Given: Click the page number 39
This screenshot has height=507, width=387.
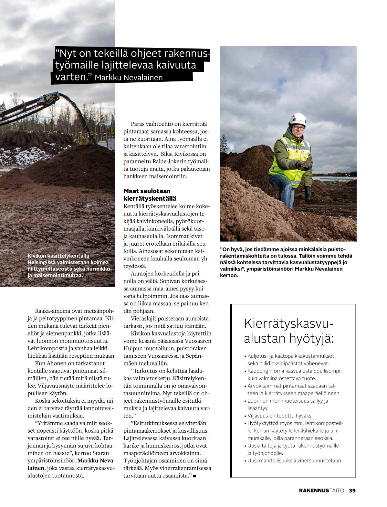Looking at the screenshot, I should point(352,490).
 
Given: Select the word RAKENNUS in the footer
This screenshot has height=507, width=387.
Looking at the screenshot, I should point(314,490).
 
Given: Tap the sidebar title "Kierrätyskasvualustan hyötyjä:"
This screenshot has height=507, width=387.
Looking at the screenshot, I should point(289,331).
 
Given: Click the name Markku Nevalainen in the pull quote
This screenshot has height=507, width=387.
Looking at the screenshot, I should point(129,78).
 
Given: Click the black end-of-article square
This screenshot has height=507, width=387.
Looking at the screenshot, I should point(194,476).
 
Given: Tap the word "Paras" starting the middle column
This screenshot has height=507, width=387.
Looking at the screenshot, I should point(138,124).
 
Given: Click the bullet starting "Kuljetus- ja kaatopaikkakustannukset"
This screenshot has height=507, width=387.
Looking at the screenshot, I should point(290,356).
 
